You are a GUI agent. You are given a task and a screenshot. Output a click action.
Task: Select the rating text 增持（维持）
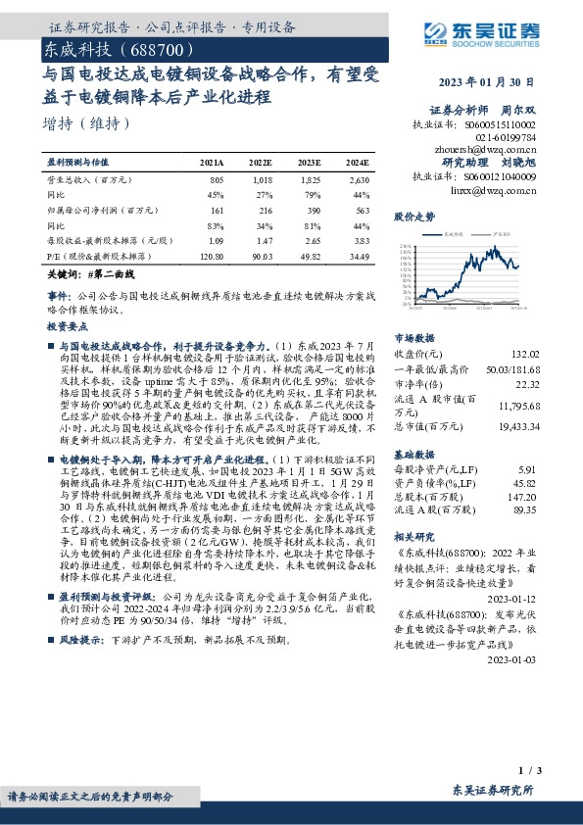87,123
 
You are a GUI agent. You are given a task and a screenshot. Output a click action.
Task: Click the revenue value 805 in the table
217,180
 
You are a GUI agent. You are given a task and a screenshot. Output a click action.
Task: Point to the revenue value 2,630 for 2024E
359,180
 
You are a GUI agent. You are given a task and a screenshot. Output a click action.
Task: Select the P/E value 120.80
213,254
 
